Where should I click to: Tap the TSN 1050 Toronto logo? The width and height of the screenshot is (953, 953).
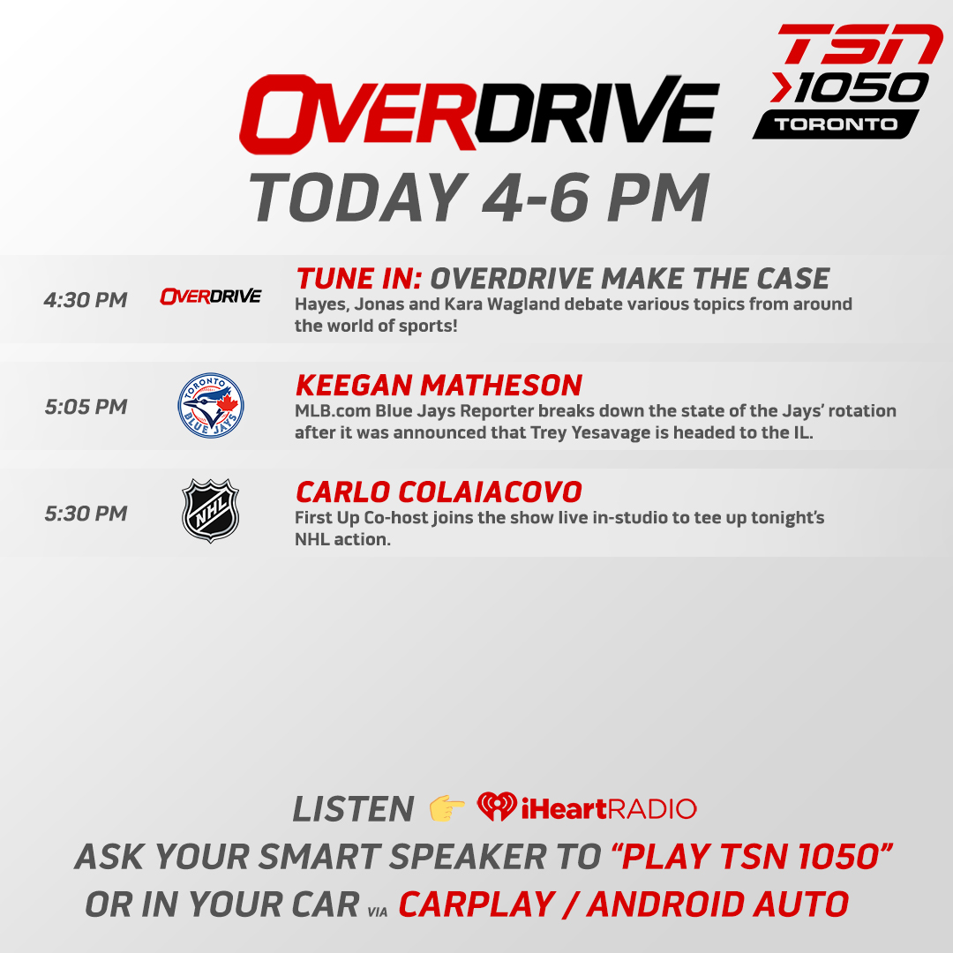pos(845,81)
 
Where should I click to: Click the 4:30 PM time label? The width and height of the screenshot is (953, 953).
pos(86,300)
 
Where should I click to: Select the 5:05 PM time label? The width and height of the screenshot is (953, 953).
pos(86,407)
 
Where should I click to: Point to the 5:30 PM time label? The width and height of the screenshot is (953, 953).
pos(86,514)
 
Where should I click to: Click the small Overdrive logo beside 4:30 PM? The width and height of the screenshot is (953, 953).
pos(210,296)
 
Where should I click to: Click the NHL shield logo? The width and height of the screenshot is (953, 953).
pos(210,509)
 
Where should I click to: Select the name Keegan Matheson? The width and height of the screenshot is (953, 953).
pos(439,386)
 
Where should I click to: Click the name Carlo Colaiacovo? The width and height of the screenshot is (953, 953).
pos(439,492)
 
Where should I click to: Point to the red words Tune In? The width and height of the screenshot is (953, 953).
pos(359,279)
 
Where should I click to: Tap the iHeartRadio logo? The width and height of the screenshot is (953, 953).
pos(587,808)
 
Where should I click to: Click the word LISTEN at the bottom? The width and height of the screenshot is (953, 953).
pos(353,809)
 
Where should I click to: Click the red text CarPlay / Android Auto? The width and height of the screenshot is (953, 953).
pos(623,904)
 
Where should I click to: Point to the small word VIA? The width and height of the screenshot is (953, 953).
pos(375,908)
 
